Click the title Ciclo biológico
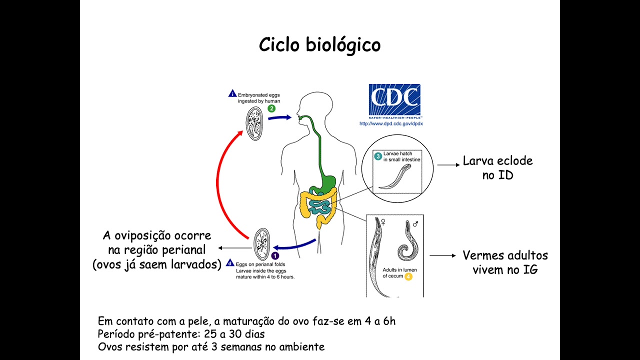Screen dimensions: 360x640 [x=319, y=45]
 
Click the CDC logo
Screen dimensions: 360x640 [x=394, y=99]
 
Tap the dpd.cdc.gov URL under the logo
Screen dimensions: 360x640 [x=391, y=123]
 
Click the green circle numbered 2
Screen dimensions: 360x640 [x=271, y=108]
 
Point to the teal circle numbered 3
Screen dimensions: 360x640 [x=379, y=156]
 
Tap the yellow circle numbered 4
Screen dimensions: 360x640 [x=408, y=276]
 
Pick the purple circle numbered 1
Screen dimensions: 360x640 [x=275, y=256]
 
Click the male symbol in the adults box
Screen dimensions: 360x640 [x=415, y=223]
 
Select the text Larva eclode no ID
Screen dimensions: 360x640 [x=497, y=168]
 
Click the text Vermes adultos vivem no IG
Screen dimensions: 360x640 [x=505, y=262]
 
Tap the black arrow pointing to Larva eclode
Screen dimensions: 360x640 [x=448, y=164]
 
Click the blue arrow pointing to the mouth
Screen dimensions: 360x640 [x=279, y=118]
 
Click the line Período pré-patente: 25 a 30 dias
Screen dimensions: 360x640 [x=181, y=334]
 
